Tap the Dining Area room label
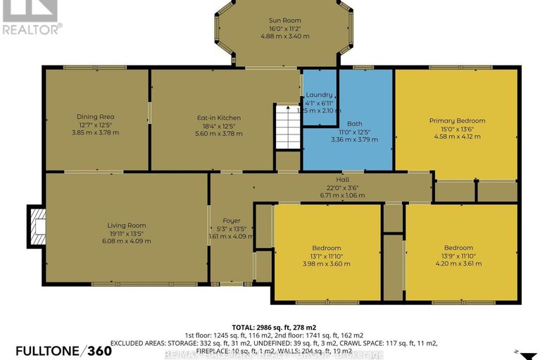96,117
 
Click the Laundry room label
319,94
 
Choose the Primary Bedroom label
457,120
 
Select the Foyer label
232,221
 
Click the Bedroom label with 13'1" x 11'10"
327,248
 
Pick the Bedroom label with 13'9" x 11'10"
458,247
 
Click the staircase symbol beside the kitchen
287,127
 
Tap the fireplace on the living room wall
37,226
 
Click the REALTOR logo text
32,29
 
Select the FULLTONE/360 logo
63,350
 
